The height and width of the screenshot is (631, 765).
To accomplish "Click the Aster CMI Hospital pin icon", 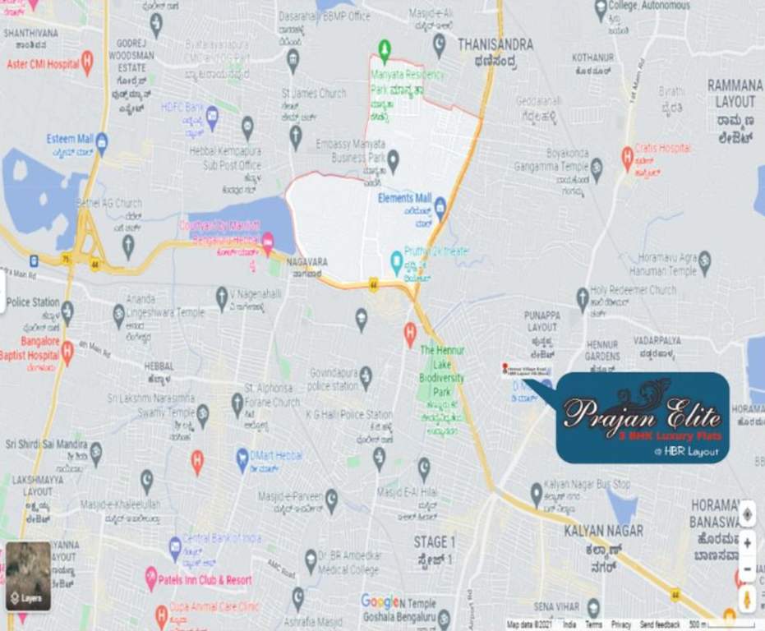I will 87,62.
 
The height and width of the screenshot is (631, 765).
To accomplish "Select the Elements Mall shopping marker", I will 440,203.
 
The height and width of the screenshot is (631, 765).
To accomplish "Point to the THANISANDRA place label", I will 495,44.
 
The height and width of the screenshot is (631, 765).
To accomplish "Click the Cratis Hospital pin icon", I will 627,153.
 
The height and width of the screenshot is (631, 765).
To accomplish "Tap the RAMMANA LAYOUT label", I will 735,94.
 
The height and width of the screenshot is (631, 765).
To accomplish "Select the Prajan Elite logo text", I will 642,411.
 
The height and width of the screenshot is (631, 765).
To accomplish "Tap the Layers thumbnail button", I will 29,576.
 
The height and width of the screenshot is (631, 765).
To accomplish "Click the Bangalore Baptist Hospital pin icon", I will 67,350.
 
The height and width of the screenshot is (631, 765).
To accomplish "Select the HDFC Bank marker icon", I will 212,113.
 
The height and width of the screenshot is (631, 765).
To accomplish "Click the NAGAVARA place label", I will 307,262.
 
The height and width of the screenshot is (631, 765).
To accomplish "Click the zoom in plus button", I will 746,543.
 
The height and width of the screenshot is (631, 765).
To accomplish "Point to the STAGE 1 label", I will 434,542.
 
